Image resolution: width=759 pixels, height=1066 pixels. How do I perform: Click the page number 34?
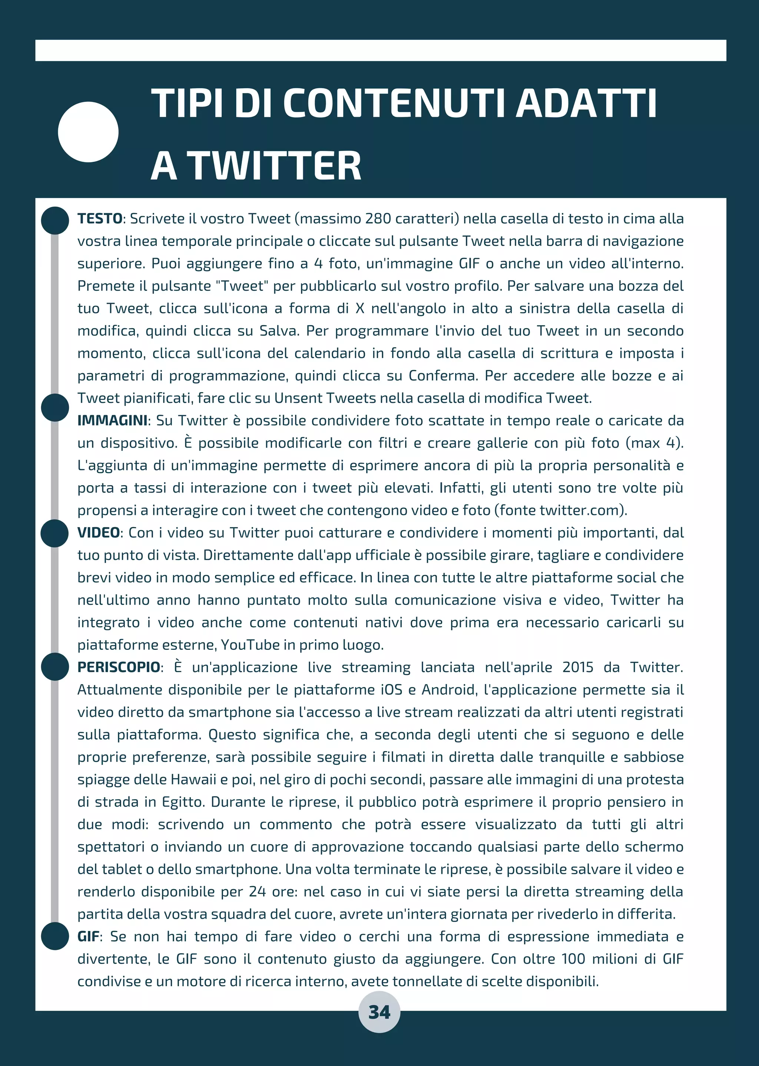pyautogui.click(x=379, y=1012)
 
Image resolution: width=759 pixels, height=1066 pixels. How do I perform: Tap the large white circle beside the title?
pyautogui.click(x=88, y=132)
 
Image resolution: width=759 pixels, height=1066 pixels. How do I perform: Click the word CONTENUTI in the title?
pyautogui.click(x=394, y=103)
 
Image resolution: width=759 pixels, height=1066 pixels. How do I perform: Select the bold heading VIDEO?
pyautogui.click(x=99, y=533)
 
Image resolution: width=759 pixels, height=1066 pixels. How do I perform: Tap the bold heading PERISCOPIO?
pyautogui.click(x=119, y=668)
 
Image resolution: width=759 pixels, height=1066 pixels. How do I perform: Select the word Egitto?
pyautogui.click(x=183, y=802)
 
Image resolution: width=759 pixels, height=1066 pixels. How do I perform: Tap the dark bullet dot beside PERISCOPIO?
pyautogui.click(x=55, y=667)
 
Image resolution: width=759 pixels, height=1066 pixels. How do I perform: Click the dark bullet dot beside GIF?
pyautogui.click(x=55, y=936)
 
